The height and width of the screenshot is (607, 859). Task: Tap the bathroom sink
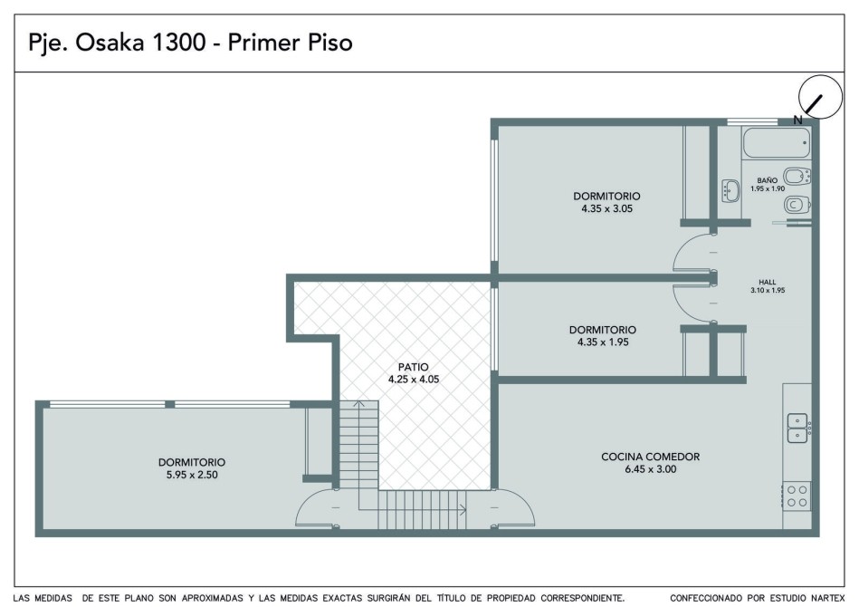[x=730, y=191]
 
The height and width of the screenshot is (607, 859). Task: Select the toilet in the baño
[x=797, y=206]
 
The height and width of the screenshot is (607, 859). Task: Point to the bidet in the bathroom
[x=797, y=177]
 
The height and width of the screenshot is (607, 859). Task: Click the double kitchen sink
[x=797, y=428]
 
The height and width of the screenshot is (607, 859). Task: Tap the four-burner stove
[x=797, y=496]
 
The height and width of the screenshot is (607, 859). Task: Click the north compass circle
[x=820, y=97]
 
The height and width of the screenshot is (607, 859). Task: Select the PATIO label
[x=413, y=367]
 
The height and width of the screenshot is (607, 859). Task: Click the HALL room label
[x=767, y=282]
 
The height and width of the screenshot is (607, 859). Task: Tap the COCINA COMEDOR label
[x=650, y=457]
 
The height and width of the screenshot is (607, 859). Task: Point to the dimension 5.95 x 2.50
[x=192, y=475]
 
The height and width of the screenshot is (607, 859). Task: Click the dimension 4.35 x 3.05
[x=607, y=208]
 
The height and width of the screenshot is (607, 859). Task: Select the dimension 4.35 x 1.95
[x=603, y=342]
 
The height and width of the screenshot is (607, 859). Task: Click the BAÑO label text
[x=767, y=180]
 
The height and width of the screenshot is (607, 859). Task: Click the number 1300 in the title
[x=177, y=43]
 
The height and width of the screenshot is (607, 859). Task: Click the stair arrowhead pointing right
[x=463, y=510]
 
